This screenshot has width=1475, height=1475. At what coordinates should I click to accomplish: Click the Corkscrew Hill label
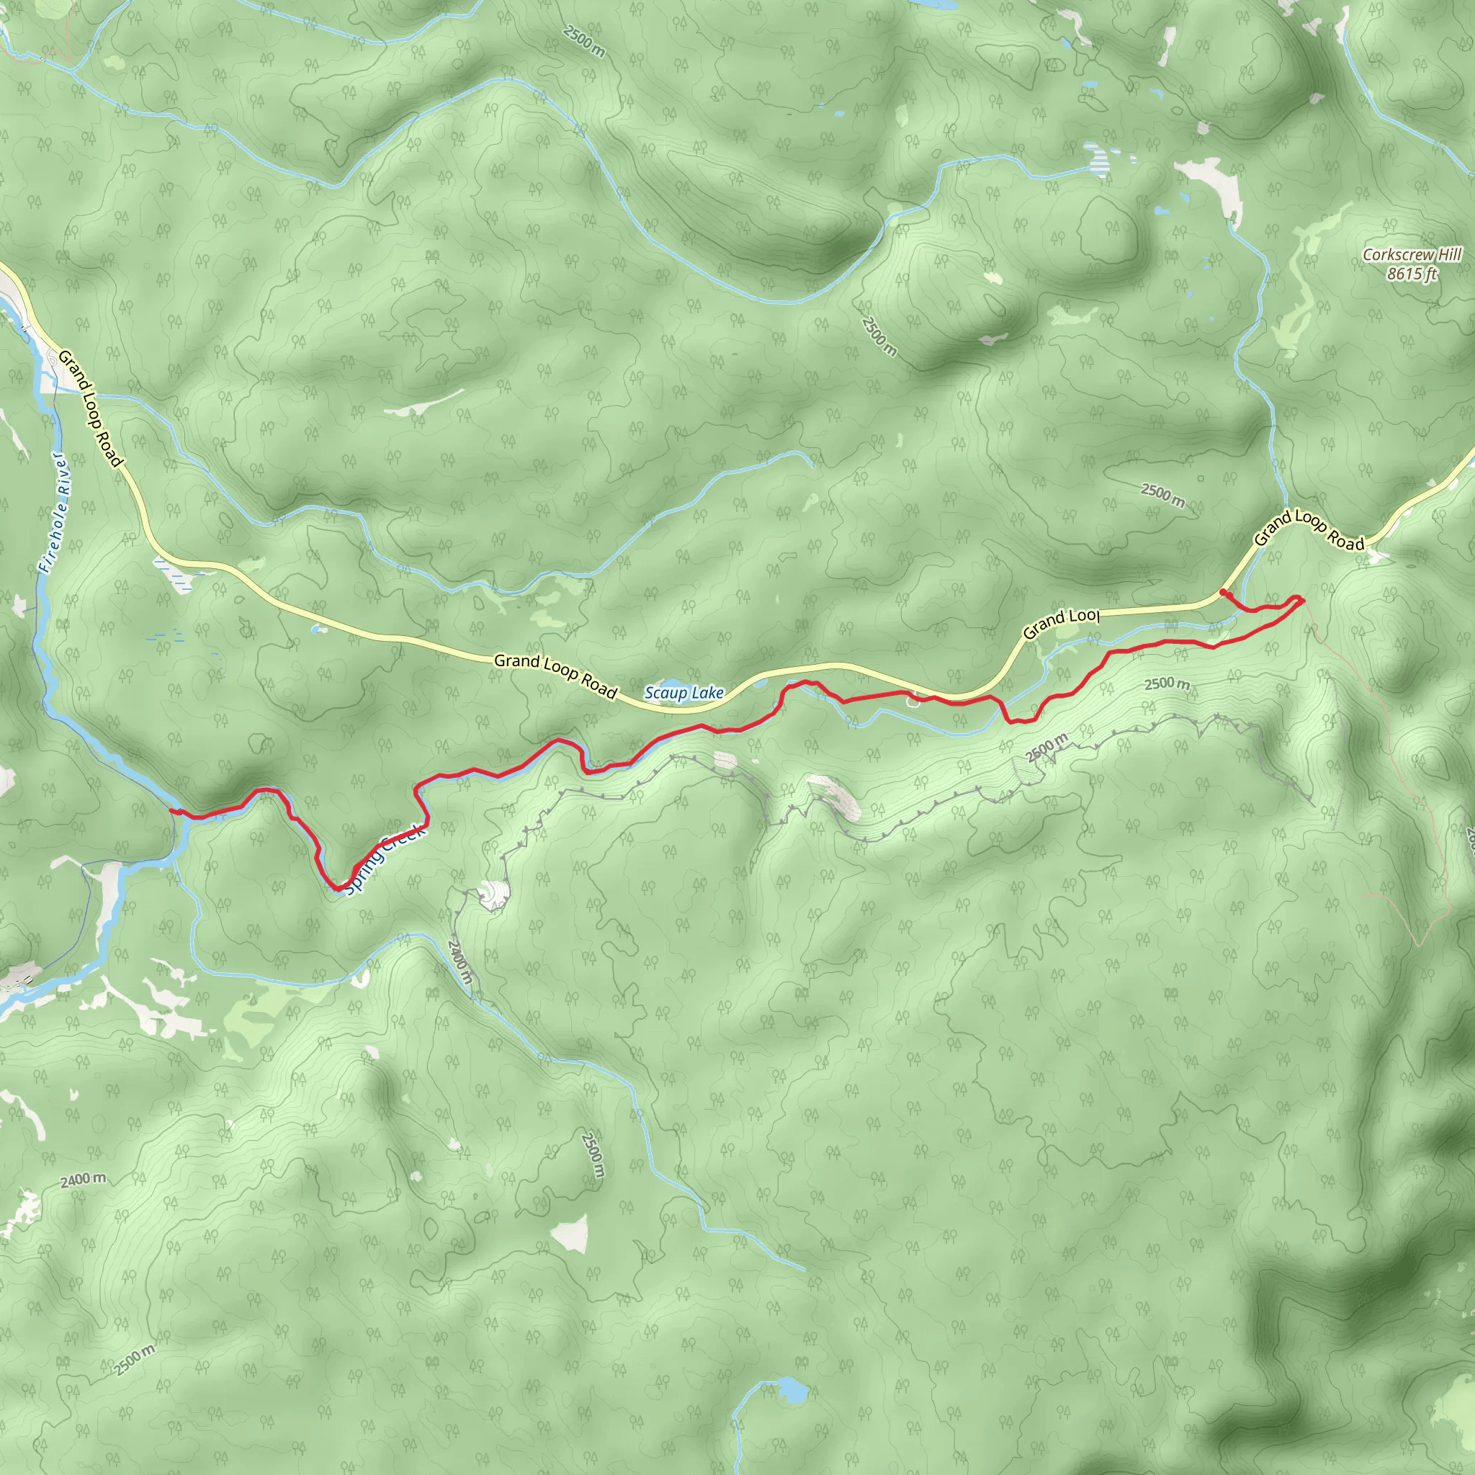click(x=1412, y=255)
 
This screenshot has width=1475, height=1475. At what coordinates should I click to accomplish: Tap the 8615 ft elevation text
click(x=1412, y=273)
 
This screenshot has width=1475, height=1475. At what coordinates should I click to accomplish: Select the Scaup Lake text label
click(x=684, y=694)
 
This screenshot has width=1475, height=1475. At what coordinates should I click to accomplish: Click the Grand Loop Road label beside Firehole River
click(x=90, y=408)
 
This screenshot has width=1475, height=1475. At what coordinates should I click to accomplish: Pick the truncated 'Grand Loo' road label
click(x=1060, y=624)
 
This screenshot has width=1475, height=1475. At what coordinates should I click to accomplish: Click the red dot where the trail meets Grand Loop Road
click(x=1223, y=593)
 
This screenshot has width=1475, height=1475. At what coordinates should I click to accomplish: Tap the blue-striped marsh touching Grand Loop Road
click(x=174, y=573)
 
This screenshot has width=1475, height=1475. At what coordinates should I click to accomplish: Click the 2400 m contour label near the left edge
click(x=84, y=1180)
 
